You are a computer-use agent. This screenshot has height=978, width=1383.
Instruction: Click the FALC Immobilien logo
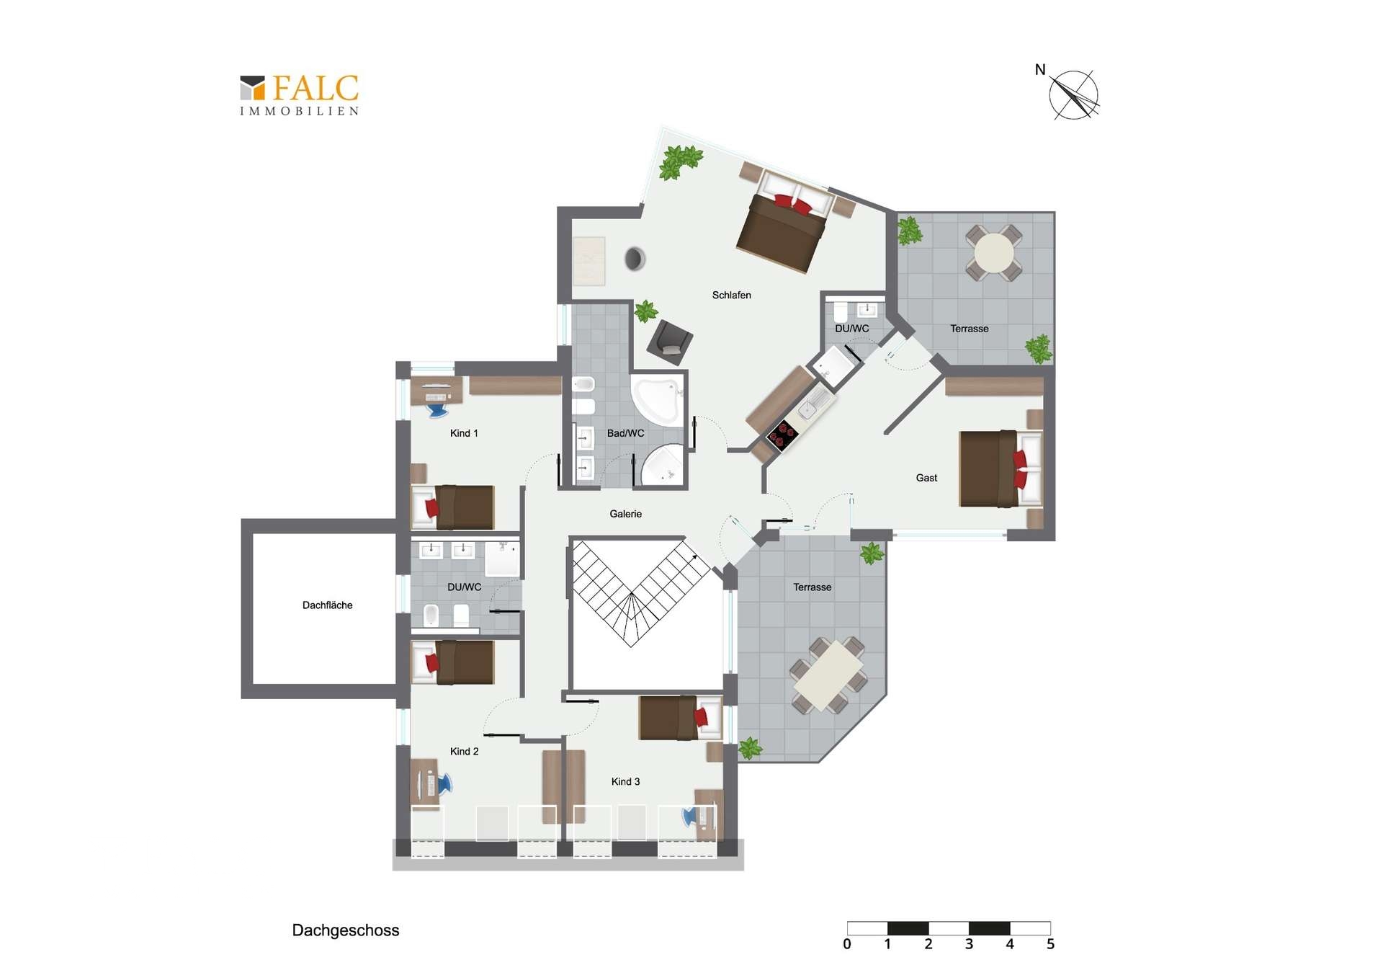(x=299, y=95)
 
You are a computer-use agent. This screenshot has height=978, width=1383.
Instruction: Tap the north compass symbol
(x=1073, y=94)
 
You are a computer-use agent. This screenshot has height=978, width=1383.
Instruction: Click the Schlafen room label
(x=731, y=295)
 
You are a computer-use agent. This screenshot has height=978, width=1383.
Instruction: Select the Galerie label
(x=625, y=514)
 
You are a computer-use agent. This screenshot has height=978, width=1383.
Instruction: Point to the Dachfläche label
(x=327, y=605)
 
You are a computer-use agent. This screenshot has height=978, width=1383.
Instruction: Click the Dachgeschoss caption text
(x=345, y=930)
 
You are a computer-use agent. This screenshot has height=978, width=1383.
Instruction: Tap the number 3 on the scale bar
(x=969, y=944)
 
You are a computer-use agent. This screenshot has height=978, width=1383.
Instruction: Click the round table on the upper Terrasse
(x=994, y=252)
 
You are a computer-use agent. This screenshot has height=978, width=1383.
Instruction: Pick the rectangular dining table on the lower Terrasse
(x=828, y=676)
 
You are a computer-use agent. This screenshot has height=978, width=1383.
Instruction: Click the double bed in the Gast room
(x=1001, y=468)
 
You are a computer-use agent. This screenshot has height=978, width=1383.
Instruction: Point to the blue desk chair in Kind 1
(x=437, y=410)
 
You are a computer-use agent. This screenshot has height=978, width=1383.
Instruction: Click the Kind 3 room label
(x=625, y=781)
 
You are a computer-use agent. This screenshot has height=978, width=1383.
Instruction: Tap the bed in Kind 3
(x=680, y=717)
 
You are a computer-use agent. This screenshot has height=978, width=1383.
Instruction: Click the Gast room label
(x=926, y=478)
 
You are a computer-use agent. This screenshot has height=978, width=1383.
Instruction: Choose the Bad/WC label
(x=625, y=433)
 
